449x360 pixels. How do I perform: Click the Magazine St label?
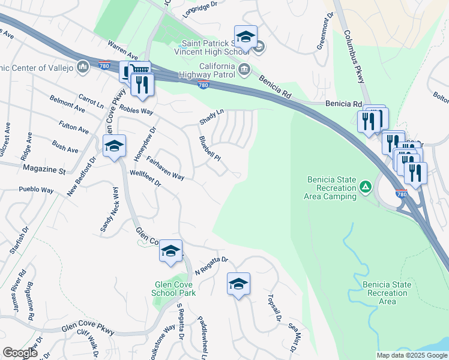tap(44, 170)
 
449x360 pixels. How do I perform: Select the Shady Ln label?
tap(211, 116)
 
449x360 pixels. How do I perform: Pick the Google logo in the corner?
tap(20, 353)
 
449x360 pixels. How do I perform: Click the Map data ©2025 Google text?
tap(411, 355)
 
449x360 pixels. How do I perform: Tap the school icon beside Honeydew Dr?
tap(114, 146)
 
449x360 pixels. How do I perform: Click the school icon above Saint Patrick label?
tap(245, 37)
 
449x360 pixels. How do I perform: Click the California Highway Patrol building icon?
tap(244, 71)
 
